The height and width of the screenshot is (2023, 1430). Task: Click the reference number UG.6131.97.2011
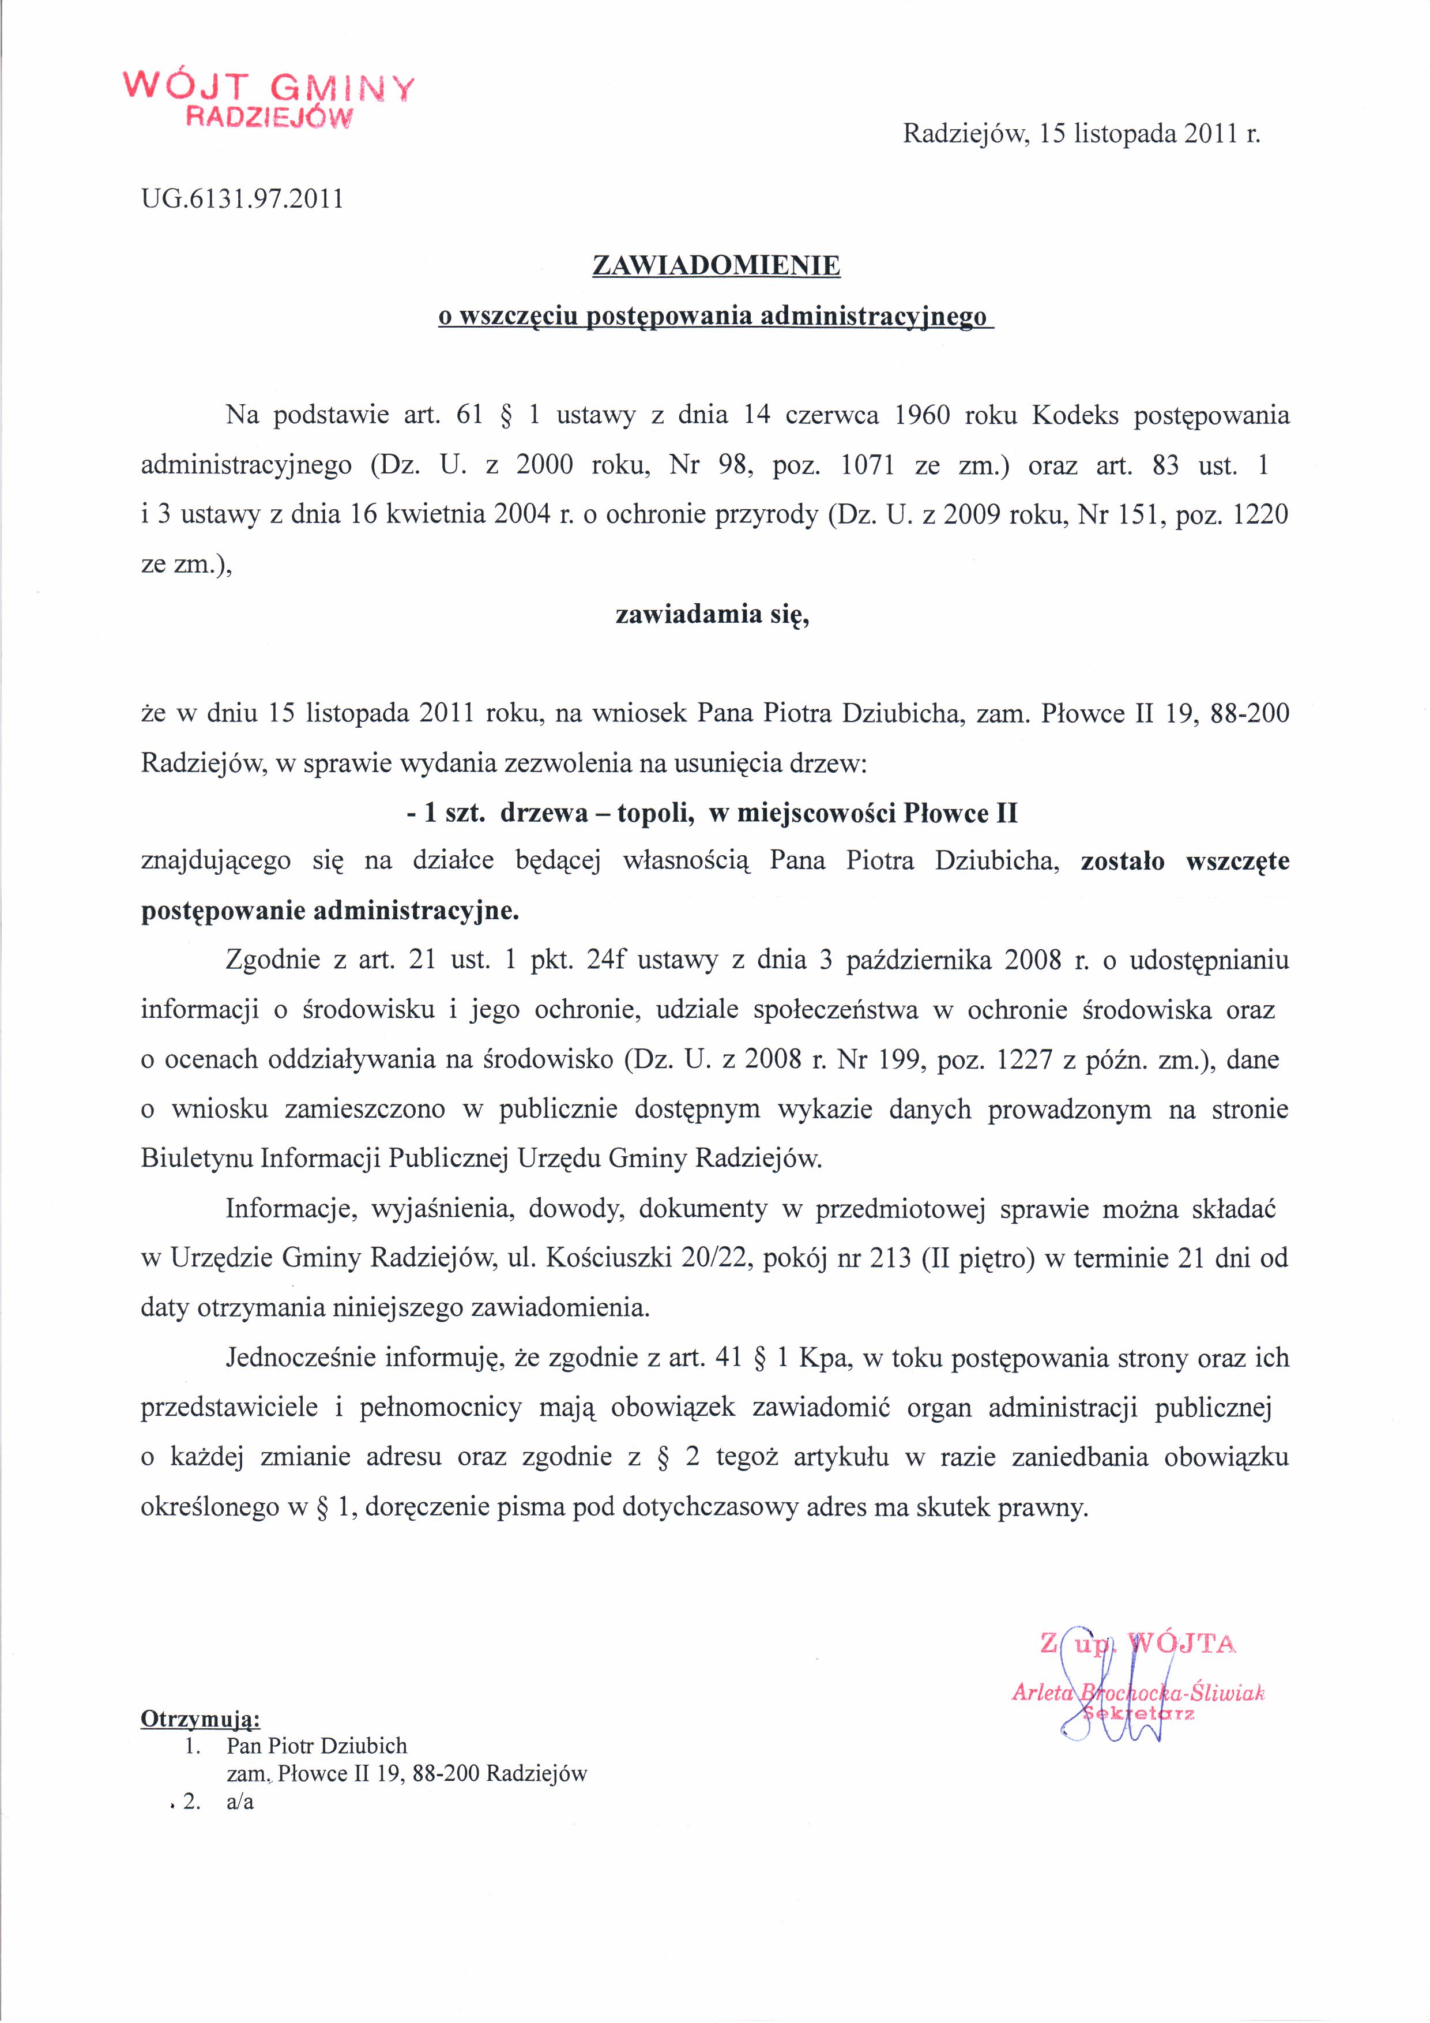click(242, 199)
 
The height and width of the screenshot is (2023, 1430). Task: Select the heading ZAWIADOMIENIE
click(716, 265)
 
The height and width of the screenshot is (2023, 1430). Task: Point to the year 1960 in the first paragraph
click(921, 415)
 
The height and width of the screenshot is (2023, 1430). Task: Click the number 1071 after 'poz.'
click(868, 465)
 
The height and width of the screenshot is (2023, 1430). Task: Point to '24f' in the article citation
click(605, 960)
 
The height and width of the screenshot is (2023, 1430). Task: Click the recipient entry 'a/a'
click(240, 1802)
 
